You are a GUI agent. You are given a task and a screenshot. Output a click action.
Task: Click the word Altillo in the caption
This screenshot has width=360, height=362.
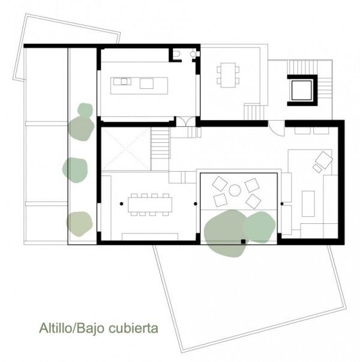pos(56,328)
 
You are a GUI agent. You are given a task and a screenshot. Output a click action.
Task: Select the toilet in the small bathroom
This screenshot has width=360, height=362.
pos(178,54)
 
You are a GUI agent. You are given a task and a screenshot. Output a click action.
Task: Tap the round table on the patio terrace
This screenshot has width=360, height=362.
pos(235,190)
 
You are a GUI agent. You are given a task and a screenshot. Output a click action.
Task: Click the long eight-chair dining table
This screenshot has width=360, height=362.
pos(150,205)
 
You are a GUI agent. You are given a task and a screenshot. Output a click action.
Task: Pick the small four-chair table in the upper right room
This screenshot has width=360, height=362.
pos(228,75)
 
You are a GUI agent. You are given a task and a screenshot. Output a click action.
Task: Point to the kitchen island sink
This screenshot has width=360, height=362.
pos(124,81)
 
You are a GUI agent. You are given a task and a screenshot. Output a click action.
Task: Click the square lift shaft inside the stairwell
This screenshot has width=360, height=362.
pos(302,90)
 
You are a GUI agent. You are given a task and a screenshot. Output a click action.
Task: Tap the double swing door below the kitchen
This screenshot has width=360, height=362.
pos(186,121)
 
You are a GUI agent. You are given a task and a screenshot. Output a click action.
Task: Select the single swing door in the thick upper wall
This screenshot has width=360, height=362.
pos(276,128)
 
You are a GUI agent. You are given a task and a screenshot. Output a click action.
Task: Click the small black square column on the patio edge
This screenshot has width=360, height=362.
pos(243,241)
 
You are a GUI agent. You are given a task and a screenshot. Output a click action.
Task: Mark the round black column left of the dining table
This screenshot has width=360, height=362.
pos(121,204)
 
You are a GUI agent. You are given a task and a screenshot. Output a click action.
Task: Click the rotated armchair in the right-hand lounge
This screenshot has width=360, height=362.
pos(324,160)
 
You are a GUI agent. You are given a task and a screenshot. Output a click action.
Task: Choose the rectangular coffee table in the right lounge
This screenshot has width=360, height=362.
pos(308,204)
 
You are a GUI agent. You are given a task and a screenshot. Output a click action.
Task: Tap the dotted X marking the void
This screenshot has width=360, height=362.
pos(126,149)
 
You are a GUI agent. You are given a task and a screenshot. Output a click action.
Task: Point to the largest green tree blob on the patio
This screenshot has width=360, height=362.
pos(226,234)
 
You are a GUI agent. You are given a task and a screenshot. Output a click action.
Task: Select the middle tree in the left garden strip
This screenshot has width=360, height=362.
pos(75,170)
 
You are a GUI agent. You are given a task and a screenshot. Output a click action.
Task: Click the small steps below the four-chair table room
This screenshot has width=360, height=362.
pos(254,112)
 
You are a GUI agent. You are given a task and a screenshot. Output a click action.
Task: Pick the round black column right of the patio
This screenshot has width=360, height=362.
pos(282,204)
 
